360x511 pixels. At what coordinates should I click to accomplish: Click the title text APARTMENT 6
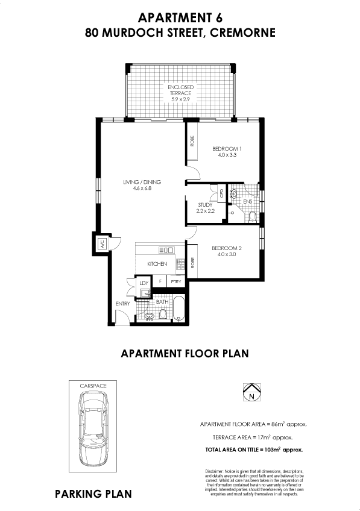point(180,18)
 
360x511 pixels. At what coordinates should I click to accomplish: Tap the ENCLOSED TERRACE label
point(180,93)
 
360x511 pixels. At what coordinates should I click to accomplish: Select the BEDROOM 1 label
point(227,152)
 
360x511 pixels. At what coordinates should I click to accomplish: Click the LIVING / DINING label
point(142,185)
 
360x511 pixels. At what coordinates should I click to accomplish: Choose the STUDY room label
point(205,208)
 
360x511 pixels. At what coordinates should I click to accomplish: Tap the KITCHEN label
point(157,265)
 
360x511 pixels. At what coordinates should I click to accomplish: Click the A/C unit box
point(102,244)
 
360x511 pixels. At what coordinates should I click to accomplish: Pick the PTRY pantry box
point(176,282)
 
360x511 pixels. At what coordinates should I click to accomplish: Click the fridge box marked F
point(160,282)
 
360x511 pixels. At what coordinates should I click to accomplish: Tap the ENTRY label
point(123,304)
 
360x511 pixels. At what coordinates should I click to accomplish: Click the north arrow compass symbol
point(250,393)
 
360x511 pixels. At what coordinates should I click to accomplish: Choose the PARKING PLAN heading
point(93,494)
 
